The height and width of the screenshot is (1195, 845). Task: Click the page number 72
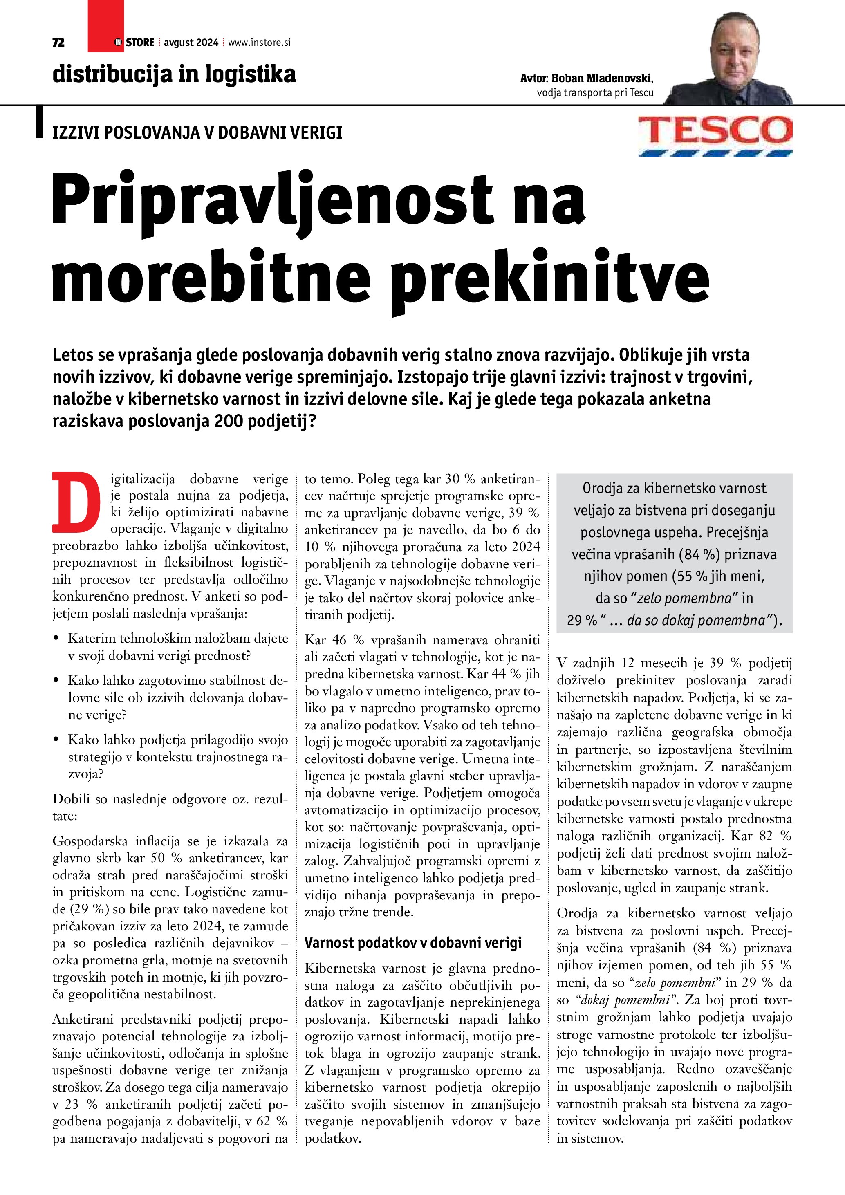[x=58, y=43]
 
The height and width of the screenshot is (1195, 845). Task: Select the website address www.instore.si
[x=259, y=43]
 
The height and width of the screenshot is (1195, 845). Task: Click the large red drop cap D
[x=76, y=502]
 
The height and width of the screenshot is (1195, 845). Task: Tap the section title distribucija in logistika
[x=174, y=74]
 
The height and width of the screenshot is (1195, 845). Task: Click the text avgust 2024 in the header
[x=191, y=43]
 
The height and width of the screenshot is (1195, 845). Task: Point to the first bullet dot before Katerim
[x=56, y=638]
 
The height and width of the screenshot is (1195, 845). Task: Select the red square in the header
[x=105, y=26]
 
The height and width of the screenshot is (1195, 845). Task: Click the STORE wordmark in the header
[x=140, y=43]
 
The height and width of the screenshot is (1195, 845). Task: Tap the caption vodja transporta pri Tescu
[x=595, y=93]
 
